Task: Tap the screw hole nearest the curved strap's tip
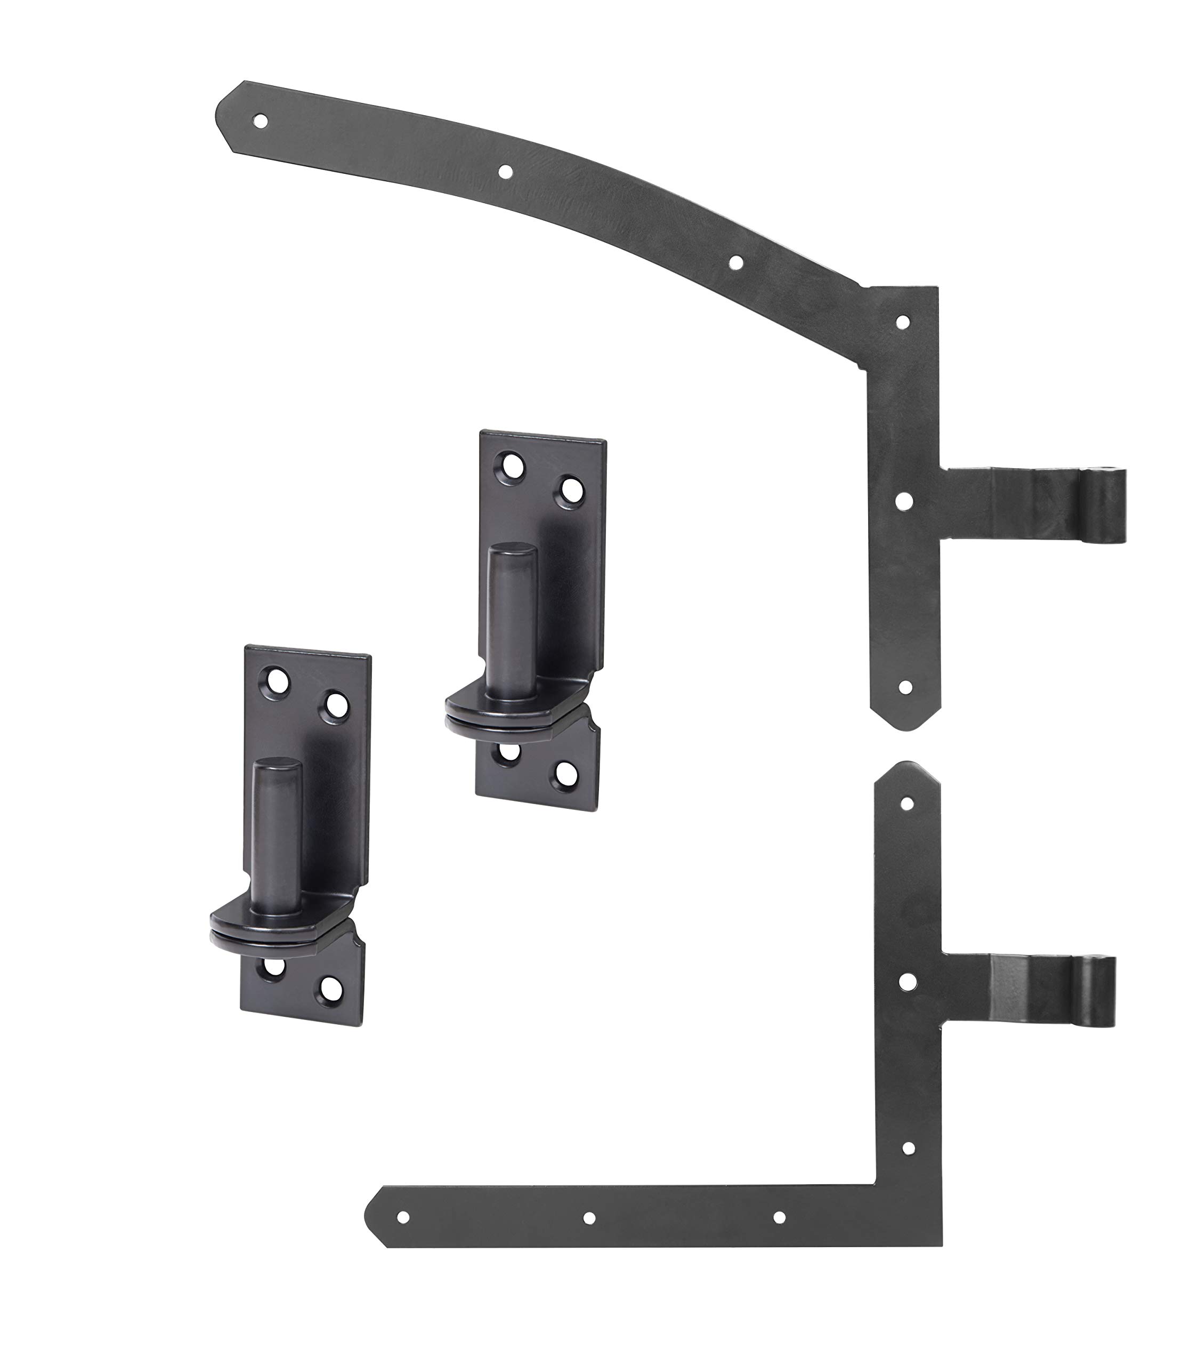pyautogui.click(x=261, y=121)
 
